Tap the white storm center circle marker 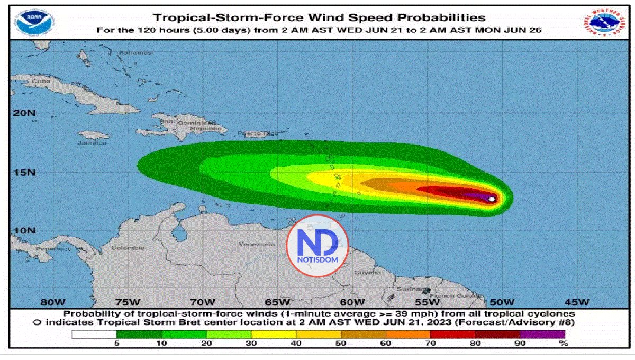click(492, 199)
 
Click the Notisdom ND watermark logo click(317, 246)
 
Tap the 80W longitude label click(52, 302)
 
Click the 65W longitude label click(277, 302)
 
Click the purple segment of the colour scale click(542, 334)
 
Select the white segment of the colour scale click(94, 334)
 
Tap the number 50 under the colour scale click(341, 344)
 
